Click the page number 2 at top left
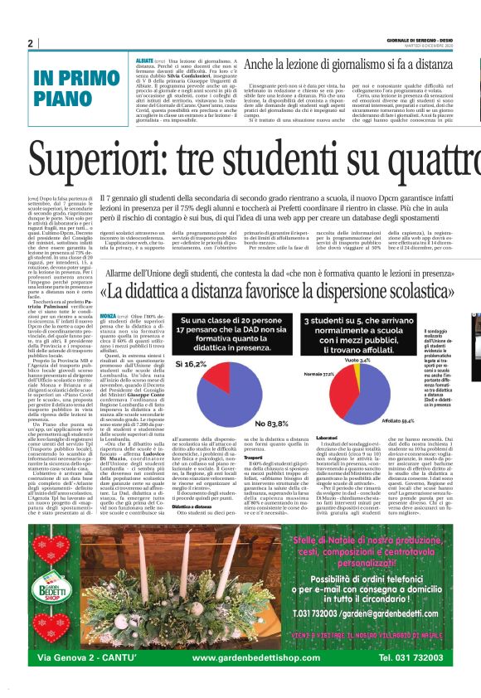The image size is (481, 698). (31, 43)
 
